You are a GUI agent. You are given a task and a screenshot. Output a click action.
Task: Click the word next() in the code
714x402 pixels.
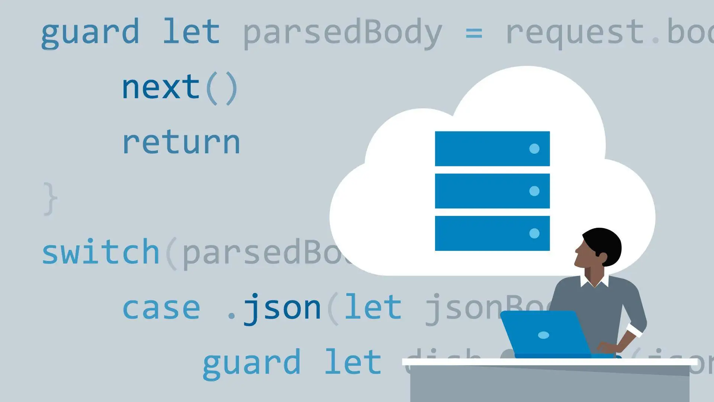tap(180, 88)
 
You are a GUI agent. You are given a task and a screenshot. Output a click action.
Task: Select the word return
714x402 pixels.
tap(181, 143)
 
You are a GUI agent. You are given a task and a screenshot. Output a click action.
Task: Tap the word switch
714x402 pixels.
tap(101, 253)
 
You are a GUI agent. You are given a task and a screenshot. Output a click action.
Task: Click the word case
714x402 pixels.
tap(161, 308)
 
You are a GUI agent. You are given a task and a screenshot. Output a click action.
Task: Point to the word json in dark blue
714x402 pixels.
tap(282, 308)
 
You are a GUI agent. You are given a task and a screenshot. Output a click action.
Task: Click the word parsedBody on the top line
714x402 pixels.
tap(342, 33)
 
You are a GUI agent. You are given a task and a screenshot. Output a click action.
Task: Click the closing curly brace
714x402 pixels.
tap(50, 198)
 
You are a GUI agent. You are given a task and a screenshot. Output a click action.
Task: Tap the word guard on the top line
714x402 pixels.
tap(90, 33)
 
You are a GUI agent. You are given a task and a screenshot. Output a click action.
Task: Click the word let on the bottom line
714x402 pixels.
tap(353, 362)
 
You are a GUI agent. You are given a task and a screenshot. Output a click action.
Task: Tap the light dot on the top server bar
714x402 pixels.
tap(534, 149)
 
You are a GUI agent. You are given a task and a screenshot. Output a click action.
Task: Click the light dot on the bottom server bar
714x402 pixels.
tap(534, 233)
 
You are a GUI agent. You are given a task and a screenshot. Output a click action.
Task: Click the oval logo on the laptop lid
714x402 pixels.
tap(543, 335)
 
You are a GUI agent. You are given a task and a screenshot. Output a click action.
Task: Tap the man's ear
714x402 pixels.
tap(602, 256)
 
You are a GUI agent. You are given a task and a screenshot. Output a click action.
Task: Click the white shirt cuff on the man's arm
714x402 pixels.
tap(634, 329)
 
